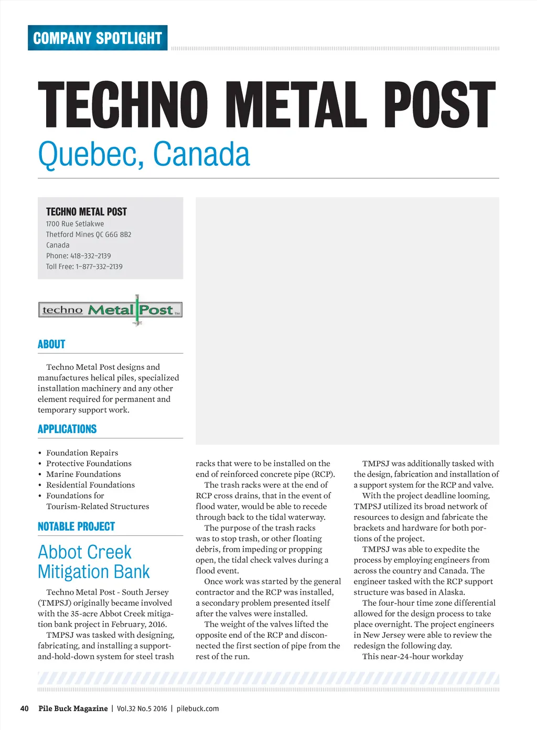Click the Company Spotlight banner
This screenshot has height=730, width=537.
[x=98, y=38]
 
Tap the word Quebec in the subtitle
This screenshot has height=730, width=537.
[x=90, y=154]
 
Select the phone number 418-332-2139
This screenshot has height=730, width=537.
[x=90, y=256]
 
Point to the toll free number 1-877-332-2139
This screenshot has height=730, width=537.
[x=99, y=266]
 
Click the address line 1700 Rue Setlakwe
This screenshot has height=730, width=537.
[x=75, y=224]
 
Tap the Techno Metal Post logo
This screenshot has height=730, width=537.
[x=110, y=310]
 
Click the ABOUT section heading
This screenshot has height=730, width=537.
[x=51, y=345]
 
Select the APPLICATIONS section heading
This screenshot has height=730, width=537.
[x=67, y=429]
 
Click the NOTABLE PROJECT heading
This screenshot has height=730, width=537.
[x=76, y=527]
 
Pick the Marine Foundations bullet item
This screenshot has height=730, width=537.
[x=83, y=474]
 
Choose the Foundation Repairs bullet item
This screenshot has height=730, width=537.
[x=82, y=453]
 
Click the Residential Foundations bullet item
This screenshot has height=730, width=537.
[x=90, y=485]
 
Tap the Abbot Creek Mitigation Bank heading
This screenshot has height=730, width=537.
[x=93, y=562]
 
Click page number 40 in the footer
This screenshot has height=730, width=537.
[x=24, y=708]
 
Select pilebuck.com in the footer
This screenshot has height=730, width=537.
[x=198, y=708]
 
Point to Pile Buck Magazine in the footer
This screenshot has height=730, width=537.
[x=73, y=708]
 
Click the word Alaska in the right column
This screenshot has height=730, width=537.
[x=450, y=592]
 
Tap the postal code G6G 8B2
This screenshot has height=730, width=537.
[x=118, y=234]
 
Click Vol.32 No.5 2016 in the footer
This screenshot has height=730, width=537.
[x=142, y=708]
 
